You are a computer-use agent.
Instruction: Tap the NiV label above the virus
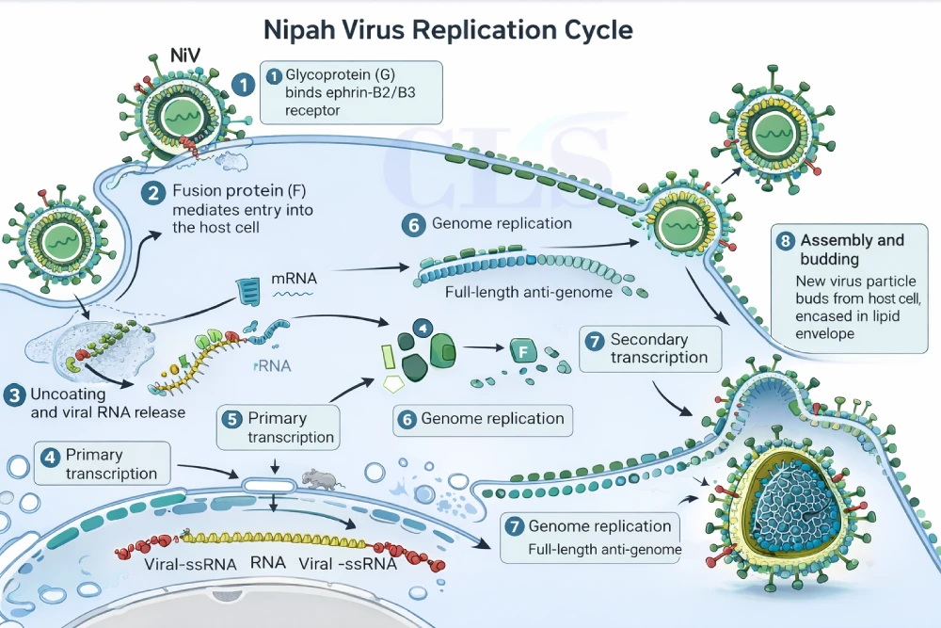pyautogui.click(x=183, y=56)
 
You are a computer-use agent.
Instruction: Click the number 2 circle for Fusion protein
pyautogui.click(x=152, y=193)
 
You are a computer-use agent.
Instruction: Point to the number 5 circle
pyautogui.click(x=231, y=417)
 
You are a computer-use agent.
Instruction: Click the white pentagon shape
pyautogui.click(x=393, y=383)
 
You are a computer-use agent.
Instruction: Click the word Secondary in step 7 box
pyautogui.click(x=649, y=339)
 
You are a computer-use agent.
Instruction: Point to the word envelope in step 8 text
pyautogui.click(x=829, y=333)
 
